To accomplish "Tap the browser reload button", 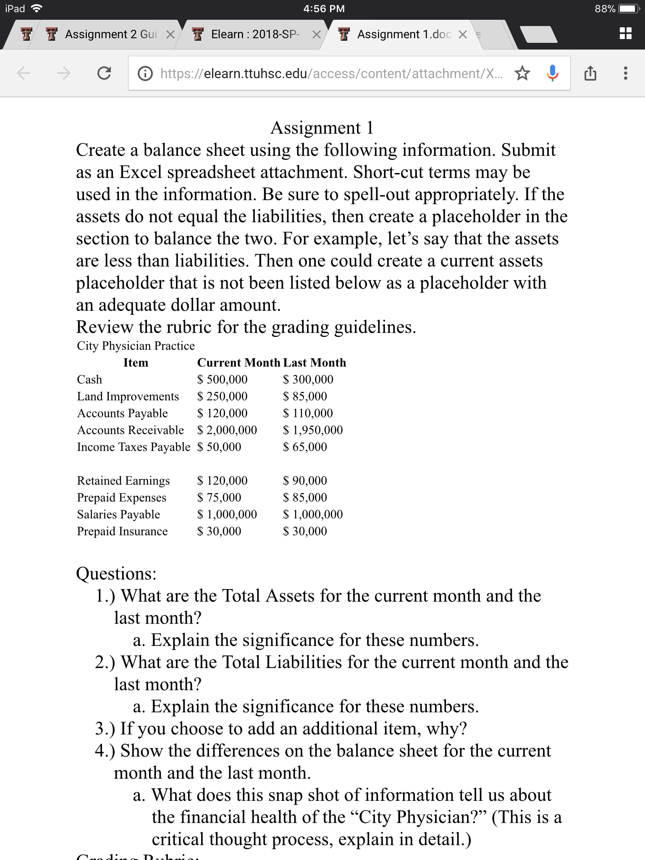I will pos(104,73).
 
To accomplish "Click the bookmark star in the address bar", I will pos(522,73).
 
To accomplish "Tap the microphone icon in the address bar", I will pos(553,73).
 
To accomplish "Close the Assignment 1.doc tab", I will pos(462,34).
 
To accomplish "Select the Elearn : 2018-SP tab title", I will pos(255,34).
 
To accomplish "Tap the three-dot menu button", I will pos(625,73).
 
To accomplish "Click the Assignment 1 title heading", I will pos(322,128).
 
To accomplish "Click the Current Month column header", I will pos(239,362).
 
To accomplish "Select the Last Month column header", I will pos(315,362).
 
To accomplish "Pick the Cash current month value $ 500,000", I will pos(223,380).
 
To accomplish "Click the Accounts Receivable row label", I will pos(131,430).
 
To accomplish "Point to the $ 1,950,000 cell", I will pos(313,430).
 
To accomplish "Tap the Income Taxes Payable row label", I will pos(134,447).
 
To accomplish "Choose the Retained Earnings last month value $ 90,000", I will pos(305,480).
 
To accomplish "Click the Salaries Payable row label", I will pos(118,514).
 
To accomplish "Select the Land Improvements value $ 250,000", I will pos(223,396).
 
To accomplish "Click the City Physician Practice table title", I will pos(136,346).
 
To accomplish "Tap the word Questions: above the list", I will pos(116,574).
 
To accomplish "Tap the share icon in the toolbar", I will pos(590,73).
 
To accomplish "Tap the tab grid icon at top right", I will pos(625,34).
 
